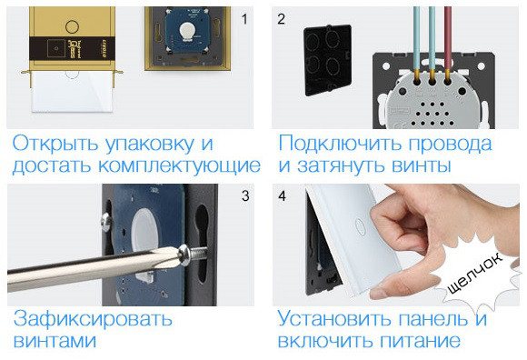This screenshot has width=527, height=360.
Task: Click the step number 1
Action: [x=244, y=19]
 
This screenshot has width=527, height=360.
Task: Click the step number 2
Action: [x=282, y=19]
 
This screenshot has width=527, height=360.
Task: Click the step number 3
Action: [x=245, y=196]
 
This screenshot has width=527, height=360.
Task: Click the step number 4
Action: [x=282, y=196]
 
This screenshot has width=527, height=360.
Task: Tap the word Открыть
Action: [x=55, y=145]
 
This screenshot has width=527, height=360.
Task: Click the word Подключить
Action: [x=340, y=144]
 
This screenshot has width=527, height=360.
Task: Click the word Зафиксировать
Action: [x=93, y=319]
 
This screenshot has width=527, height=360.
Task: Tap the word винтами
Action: [x=55, y=341]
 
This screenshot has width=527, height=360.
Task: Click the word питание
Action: [x=421, y=341]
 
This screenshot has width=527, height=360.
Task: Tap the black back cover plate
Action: [x=327, y=60]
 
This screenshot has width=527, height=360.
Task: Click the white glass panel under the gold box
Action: [x=72, y=92]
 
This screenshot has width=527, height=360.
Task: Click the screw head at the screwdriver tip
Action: [x=184, y=255]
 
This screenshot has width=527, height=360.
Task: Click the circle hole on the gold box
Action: [x=72, y=26]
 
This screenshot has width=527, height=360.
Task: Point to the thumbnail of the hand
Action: [x=378, y=293]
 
